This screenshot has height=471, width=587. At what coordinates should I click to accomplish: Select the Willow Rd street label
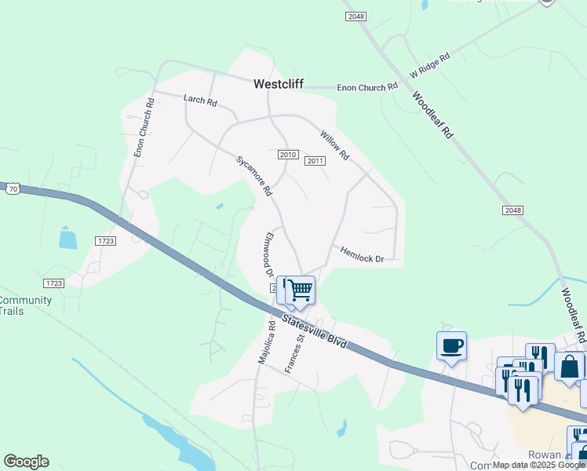(x=334, y=145)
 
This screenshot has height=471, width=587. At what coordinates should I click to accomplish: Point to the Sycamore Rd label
(x=254, y=176)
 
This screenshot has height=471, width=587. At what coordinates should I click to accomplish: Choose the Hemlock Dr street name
(x=362, y=254)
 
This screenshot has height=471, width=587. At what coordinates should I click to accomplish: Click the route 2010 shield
(x=287, y=155)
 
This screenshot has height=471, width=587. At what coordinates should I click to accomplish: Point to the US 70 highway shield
(x=12, y=188)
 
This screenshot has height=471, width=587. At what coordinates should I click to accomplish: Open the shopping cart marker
(x=300, y=290)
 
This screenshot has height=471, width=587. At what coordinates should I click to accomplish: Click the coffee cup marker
(x=451, y=345)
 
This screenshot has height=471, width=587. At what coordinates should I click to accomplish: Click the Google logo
(x=26, y=462)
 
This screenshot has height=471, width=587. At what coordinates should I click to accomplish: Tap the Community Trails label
(x=25, y=305)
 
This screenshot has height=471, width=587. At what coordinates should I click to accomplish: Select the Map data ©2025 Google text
(x=538, y=466)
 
